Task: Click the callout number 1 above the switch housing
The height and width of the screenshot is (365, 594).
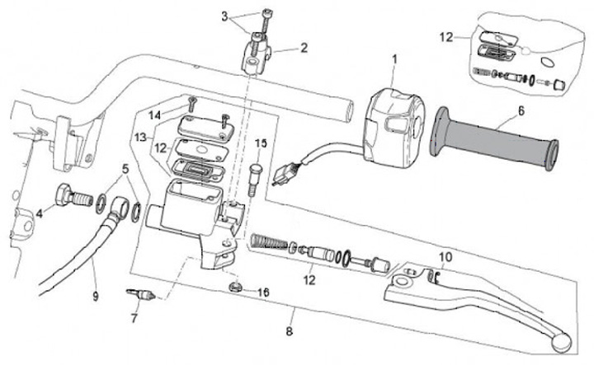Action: coord(394,59)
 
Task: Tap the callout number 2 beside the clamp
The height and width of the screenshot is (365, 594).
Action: coord(304,48)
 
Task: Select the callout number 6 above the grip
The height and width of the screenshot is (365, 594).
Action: coord(521,111)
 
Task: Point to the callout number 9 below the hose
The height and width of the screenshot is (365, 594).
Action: coord(96,297)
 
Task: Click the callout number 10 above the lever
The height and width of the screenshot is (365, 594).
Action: coord(445,257)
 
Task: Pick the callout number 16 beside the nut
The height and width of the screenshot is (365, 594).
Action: coord(263,292)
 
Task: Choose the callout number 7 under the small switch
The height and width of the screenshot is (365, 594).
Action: coord(134,319)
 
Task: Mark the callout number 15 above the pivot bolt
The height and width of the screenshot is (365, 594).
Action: coord(261,143)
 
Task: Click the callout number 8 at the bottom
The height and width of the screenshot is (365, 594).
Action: coord(290,331)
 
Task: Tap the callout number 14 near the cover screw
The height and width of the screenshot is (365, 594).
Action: coord(154,115)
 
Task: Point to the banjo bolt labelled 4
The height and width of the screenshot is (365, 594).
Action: coord(74,196)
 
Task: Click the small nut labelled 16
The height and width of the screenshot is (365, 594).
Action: coord(235,288)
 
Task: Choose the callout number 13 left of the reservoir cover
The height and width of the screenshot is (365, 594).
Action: coord(140,137)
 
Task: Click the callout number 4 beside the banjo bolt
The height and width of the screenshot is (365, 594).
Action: coord(40,213)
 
